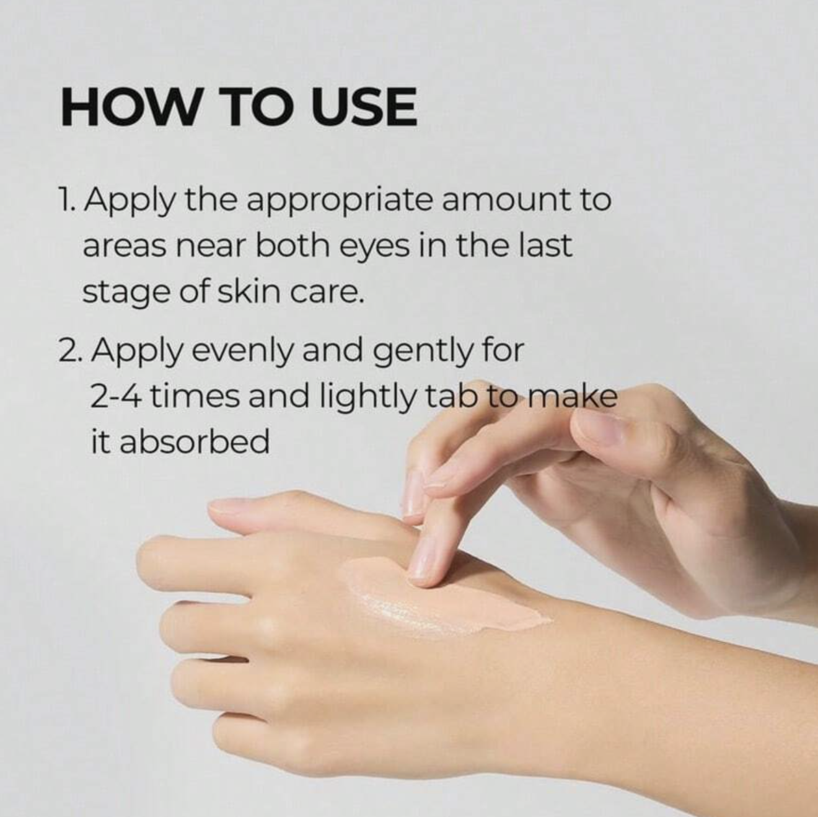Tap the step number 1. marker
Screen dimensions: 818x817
tap(68, 200)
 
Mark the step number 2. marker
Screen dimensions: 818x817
tap(72, 350)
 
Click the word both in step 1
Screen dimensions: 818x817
tap(292, 246)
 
